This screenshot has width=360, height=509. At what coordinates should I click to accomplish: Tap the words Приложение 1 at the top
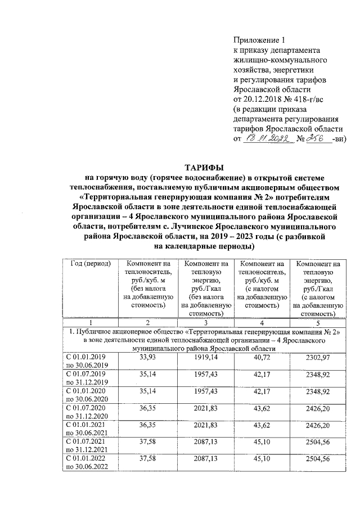(259, 40)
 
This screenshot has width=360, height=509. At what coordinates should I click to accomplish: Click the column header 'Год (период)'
(89, 264)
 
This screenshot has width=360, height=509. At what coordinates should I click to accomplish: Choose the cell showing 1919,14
(202, 357)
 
